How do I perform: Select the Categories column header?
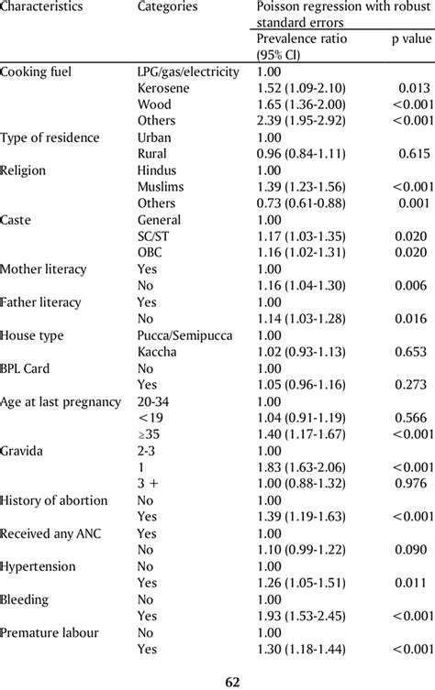[x=167, y=7]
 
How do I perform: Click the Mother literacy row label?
[x=44, y=269]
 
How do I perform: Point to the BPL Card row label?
[x=28, y=368]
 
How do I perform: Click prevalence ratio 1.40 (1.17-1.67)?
[x=302, y=435]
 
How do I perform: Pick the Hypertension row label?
[x=37, y=567]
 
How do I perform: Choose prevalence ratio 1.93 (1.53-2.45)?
[x=302, y=617]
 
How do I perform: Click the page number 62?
[x=217, y=682]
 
